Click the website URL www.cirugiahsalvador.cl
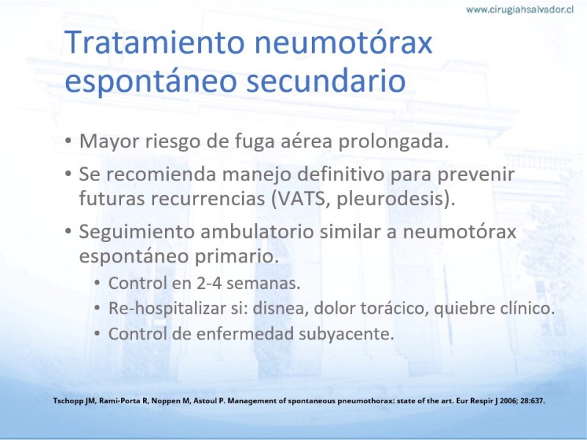(x=519, y=10)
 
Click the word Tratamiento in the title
(x=155, y=42)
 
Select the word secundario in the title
(x=326, y=81)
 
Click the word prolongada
(x=393, y=142)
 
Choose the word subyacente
(x=346, y=334)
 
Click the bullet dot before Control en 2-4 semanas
(x=97, y=283)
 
